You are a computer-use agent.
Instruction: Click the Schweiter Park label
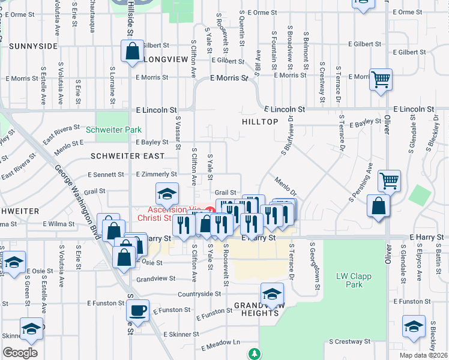click(113, 130)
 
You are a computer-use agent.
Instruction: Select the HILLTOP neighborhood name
click(259, 122)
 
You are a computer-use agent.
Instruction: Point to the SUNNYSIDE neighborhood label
click(33, 46)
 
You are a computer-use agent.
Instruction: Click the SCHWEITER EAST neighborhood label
click(127, 156)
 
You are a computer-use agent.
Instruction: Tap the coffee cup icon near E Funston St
click(138, 310)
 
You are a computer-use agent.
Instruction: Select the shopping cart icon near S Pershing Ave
click(390, 179)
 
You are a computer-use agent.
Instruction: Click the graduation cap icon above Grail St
click(166, 193)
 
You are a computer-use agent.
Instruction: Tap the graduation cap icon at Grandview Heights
click(272, 294)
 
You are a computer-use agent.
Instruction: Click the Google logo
click(20, 352)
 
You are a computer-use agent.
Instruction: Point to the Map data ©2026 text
click(424, 355)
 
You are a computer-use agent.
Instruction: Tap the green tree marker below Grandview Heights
click(256, 353)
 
